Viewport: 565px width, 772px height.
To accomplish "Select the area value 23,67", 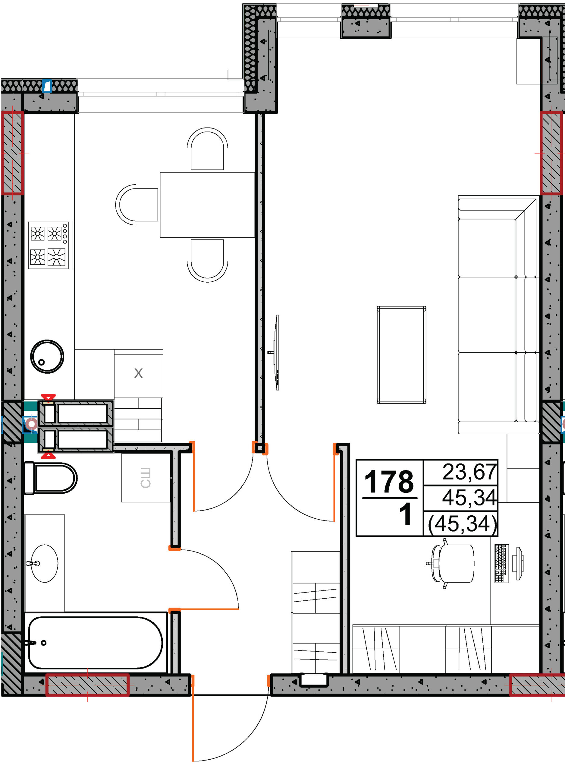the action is [469, 472].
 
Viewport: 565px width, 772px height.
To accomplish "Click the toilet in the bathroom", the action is [51, 478].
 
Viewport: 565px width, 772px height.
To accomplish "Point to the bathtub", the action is [96, 643].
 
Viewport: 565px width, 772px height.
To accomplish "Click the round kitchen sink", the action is [47, 356].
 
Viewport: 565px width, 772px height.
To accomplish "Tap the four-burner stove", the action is [49, 245].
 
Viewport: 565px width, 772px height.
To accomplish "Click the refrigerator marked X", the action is [139, 373].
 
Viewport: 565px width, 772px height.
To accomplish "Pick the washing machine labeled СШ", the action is [146, 478].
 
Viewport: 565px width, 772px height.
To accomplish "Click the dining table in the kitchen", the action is [208, 205].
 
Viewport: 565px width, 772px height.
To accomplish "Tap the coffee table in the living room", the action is [401, 355].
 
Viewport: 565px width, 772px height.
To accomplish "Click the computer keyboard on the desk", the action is [502, 564].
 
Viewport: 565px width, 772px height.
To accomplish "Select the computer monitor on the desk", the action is [519, 564].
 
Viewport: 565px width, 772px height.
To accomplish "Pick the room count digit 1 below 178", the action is [405, 514].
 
